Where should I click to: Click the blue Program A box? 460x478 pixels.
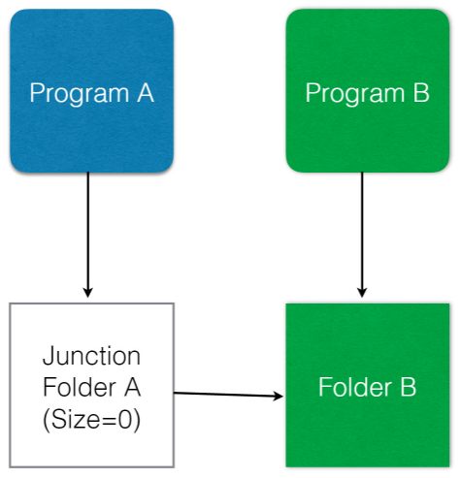pyautogui.click(x=92, y=91)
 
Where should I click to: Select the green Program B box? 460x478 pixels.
pyautogui.click(x=368, y=91)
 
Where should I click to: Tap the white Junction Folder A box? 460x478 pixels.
pyautogui.click(x=92, y=385)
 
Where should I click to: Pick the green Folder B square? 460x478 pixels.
pyautogui.click(x=368, y=385)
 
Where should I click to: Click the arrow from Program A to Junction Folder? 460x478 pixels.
pyautogui.click(x=88, y=235)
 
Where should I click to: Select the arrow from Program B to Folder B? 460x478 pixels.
pyautogui.click(x=362, y=235)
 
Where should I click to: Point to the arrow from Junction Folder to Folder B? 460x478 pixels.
pyautogui.click(x=229, y=395)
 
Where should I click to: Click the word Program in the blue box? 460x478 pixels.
pyautogui.click(x=80, y=94)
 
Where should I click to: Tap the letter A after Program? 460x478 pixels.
pyautogui.click(x=146, y=93)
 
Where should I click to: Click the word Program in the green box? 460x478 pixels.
pyautogui.click(x=355, y=94)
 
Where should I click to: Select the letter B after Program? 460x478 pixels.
pyautogui.click(x=421, y=93)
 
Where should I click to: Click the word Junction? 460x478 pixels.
pyautogui.click(x=92, y=356)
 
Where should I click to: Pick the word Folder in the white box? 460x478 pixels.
pyautogui.click(x=80, y=387)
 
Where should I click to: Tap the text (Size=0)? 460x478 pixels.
pyautogui.click(x=92, y=419)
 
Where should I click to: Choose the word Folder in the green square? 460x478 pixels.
pyautogui.click(x=355, y=387)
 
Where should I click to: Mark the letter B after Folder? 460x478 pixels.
pyautogui.click(x=409, y=387)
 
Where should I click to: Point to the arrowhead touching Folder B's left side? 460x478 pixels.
pyautogui.click(x=279, y=396)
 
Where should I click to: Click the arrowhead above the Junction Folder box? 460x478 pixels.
pyautogui.click(x=88, y=292)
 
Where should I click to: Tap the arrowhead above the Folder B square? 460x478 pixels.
pyautogui.click(x=362, y=292)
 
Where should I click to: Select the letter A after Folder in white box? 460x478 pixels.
pyautogui.click(x=132, y=387)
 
